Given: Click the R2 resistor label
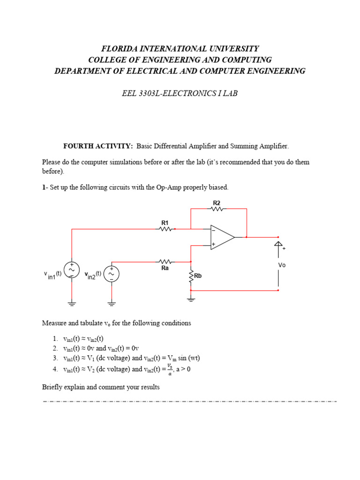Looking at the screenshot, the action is (x=217, y=202).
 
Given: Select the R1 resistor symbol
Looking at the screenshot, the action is (x=165, y=229).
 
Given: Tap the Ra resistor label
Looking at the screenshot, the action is (x=165, y=269).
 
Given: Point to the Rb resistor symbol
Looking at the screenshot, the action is (x=191, y=277).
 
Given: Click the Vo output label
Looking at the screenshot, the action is (x=282, y=265).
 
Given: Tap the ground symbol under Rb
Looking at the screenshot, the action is (x=191, y=299).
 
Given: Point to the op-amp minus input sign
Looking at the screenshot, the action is (x=214, y=230).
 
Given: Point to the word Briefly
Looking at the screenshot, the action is (x=53, y=387).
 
